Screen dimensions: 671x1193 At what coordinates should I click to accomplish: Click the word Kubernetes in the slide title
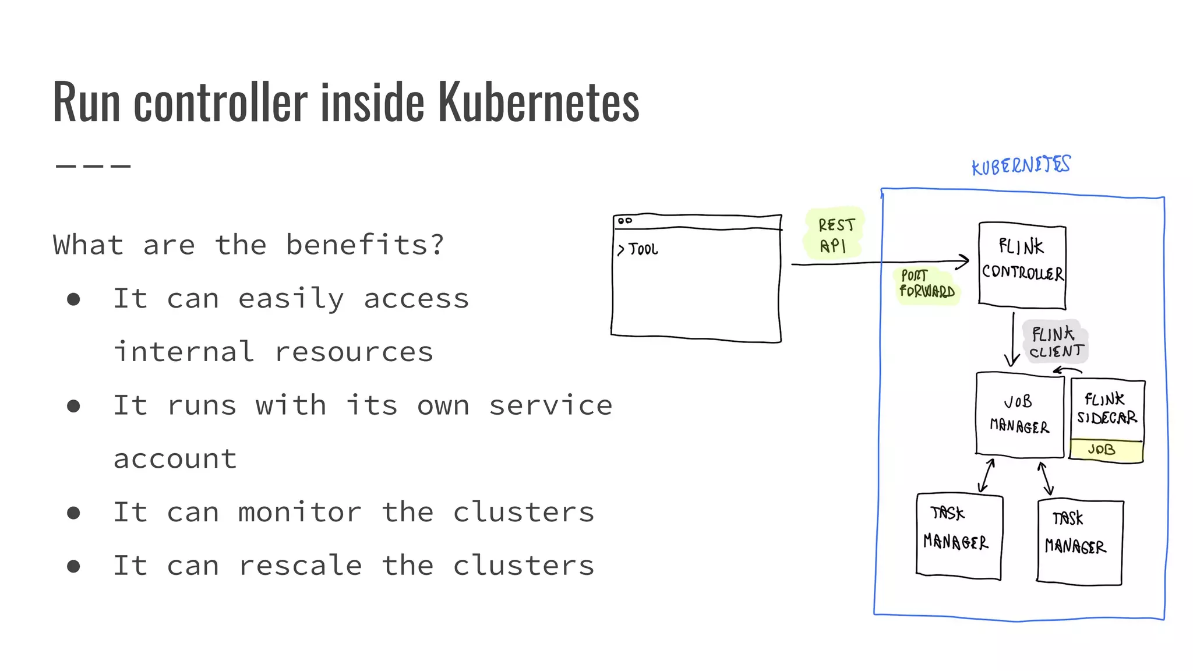538,103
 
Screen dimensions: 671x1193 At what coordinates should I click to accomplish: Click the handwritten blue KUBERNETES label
1021,165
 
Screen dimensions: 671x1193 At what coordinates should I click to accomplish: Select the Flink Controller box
1022,265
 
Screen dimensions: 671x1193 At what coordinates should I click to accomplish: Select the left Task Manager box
958,536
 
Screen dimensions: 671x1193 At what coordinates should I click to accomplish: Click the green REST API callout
834,235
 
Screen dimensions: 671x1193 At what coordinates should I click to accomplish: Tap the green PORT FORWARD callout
926,284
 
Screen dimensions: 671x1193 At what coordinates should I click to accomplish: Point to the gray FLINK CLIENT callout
1056,342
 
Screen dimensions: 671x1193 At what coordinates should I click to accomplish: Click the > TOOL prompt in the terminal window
638,250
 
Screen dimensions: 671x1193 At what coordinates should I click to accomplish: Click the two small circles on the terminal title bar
625,221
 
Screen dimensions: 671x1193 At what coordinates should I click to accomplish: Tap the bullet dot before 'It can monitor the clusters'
73,513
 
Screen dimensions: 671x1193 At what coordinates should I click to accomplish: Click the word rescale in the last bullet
300,566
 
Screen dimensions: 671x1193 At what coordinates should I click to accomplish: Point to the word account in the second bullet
175,459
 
